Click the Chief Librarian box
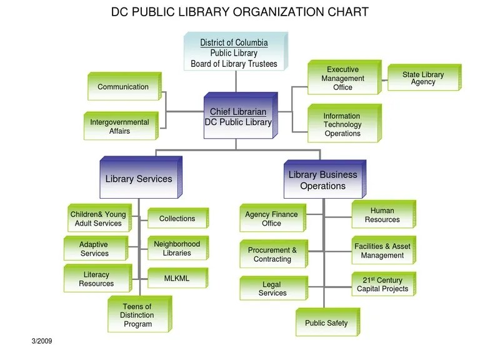[238, 117]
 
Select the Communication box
[123, 87]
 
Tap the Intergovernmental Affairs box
[119, 127]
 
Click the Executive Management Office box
[342, 79]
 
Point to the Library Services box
[139, 179]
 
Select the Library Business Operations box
[322, 181]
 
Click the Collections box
[177, 219]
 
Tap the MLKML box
[177, 278]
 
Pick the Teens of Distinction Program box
[137, 315]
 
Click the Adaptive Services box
[94, 249]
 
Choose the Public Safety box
[326, 323]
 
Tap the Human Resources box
[382, 216]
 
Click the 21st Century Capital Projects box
[382, 285]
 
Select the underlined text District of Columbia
[234, 43]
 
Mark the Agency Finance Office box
[271, 219]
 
